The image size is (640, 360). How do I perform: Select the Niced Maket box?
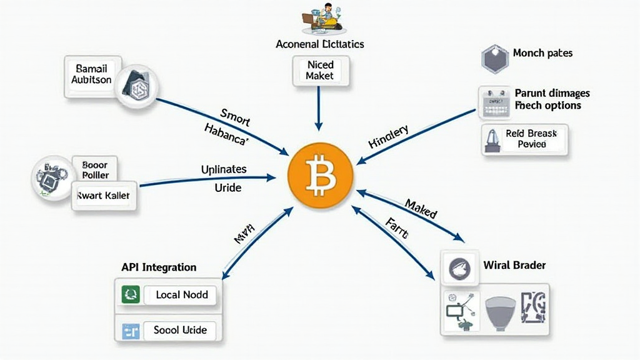320,71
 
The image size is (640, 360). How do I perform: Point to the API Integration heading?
159,267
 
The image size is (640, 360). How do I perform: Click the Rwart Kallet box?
103,196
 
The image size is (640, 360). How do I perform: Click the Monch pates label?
542,53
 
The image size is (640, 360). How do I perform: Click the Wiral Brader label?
514,265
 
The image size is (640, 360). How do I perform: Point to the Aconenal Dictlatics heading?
320,44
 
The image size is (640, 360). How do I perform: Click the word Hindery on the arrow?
388,137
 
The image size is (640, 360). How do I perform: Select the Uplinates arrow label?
224,169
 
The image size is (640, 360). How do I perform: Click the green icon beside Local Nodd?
131,294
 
